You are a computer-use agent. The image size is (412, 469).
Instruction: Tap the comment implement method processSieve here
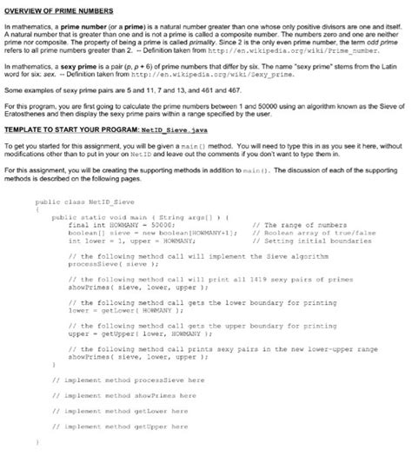point(129,380)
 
